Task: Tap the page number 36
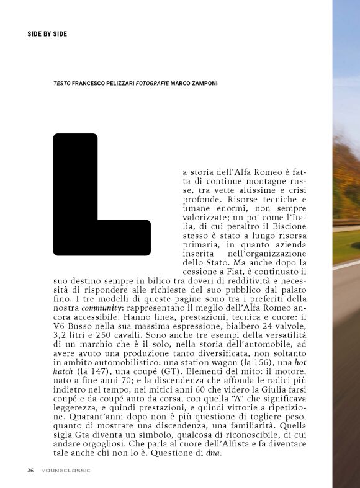point(30,470)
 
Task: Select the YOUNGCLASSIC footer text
point(66,470)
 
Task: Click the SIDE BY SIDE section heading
point(47,33)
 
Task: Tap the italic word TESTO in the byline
point(62,82)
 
